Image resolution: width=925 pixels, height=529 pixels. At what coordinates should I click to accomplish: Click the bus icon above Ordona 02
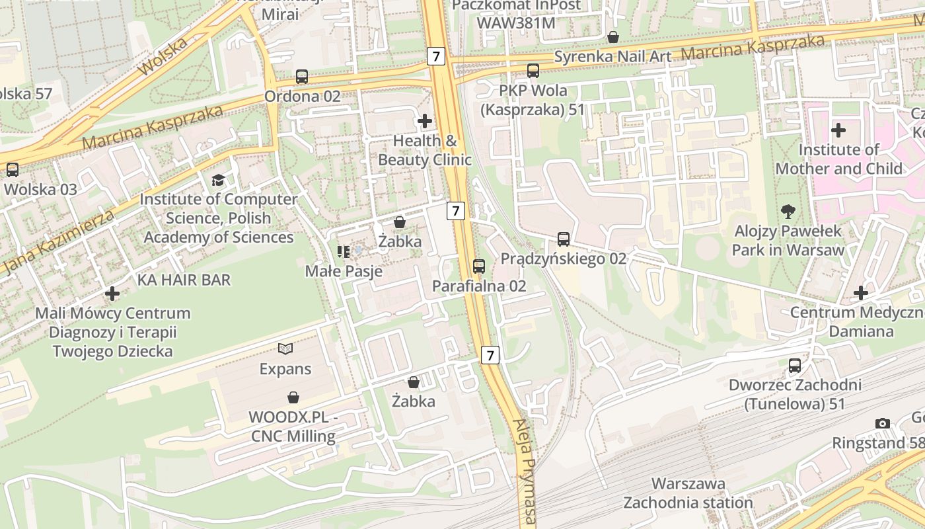point(302,77)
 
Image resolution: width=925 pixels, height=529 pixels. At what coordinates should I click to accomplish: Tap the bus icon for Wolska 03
point(13,170)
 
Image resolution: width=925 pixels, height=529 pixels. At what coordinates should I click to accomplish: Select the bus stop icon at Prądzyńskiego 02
point(564,239)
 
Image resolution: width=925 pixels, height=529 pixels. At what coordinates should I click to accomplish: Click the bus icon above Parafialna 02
point(479,266)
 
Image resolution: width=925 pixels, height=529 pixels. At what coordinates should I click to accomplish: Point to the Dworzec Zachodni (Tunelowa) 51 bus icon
point(795,366)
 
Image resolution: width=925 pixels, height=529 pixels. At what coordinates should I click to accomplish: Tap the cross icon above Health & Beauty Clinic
point(425,121)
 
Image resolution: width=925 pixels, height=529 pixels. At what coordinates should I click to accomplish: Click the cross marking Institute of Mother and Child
point(838,130)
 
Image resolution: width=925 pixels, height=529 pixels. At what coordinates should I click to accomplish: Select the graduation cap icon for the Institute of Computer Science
point(218,180)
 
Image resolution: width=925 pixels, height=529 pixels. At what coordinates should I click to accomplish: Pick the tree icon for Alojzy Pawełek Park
point(788,212)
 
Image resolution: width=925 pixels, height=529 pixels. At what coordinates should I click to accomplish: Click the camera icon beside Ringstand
point(882,423)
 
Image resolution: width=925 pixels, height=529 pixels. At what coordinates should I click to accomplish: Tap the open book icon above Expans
point(285,348)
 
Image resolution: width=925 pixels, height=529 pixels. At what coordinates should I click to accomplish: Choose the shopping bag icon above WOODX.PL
point(293,397)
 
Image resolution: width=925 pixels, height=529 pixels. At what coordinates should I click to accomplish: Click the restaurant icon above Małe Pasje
point(343,251)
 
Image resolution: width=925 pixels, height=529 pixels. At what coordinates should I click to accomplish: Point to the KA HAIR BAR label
point(184,280)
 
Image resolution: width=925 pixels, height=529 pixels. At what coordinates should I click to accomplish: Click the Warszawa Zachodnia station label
point(688,493)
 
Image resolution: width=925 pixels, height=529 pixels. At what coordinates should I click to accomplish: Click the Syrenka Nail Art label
point(612,57)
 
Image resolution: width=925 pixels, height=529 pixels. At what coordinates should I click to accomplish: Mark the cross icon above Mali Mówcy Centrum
point(112,293)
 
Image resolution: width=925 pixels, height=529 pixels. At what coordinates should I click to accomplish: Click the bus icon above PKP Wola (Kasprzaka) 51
point(533,71)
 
